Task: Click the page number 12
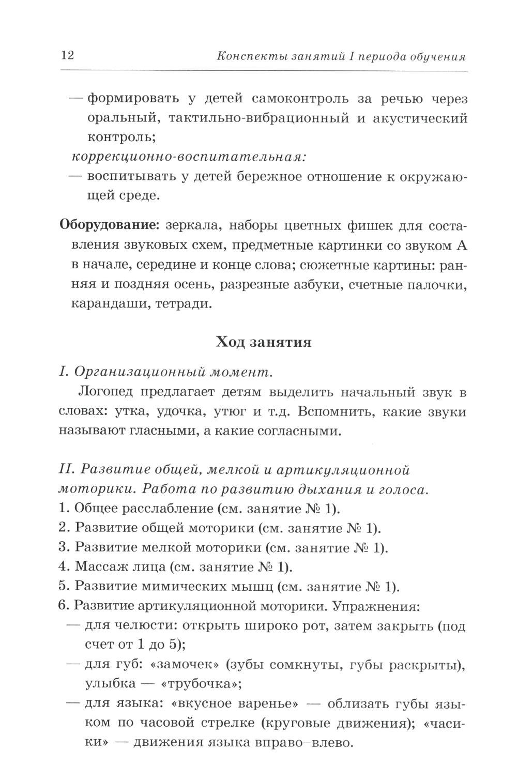point(67,55)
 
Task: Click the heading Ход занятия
point(263,342)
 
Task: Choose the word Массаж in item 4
point(98,567)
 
